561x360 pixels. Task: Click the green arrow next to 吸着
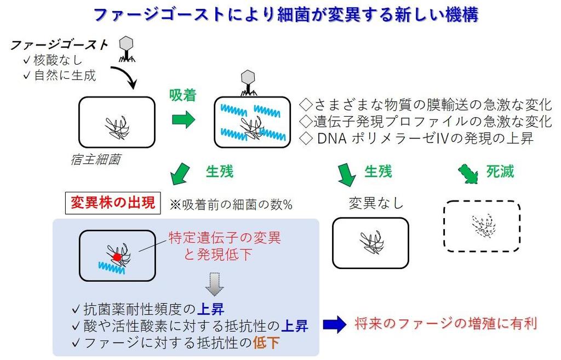point(184,120)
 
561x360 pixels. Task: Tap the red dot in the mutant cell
point(116,256)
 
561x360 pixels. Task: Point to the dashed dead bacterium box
point(482,226)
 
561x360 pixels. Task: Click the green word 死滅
point(501,172)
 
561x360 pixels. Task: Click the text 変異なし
point(376,203)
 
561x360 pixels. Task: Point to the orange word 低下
point(266,343)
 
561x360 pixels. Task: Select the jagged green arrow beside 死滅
point(468,174)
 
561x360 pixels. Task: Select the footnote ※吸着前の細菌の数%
point(231,204)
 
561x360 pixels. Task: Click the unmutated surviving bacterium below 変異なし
point(371,243)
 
